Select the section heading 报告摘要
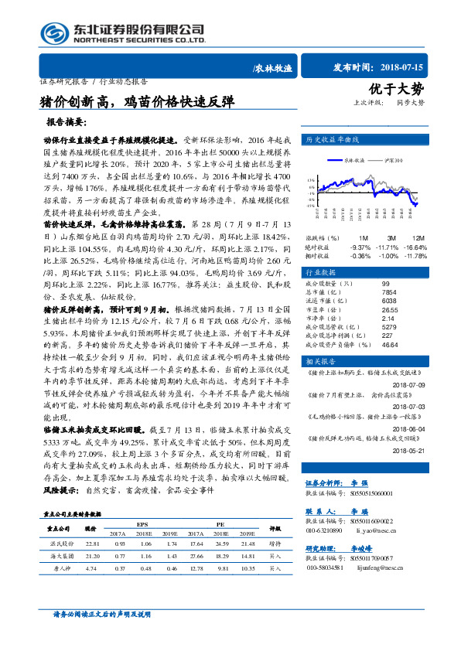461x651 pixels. (x=70, y=123)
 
